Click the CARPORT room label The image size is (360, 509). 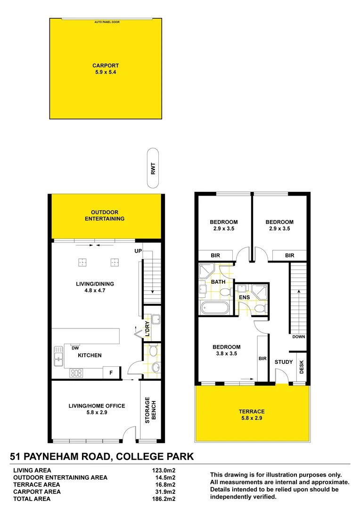106,69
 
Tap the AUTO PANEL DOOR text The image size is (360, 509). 107,22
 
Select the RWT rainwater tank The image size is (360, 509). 153,169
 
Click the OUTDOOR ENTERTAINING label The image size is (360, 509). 105,215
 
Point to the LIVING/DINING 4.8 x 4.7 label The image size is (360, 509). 95,287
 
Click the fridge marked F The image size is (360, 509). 111,372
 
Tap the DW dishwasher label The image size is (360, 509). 75,348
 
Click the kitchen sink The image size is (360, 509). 58,356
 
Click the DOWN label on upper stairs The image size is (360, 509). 299,337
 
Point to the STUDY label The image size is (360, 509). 284,362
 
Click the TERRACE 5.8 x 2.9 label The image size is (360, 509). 252,415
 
